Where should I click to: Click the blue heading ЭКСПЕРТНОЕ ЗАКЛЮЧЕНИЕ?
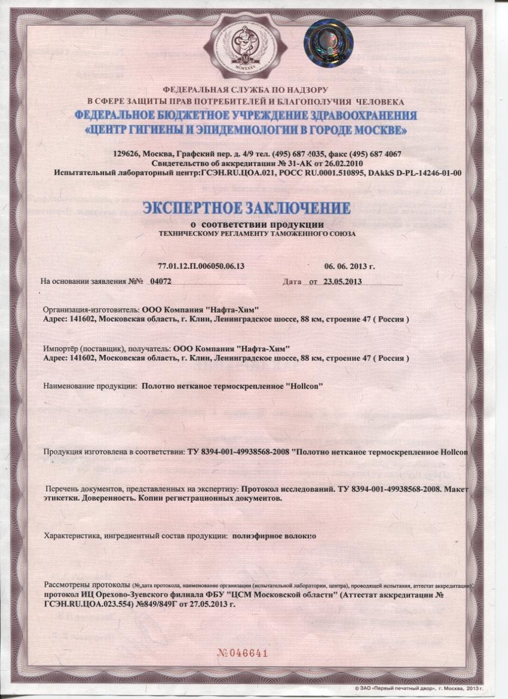click(245, 208)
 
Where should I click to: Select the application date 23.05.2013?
click(343, 280)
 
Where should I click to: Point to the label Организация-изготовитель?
click(90, 311)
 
